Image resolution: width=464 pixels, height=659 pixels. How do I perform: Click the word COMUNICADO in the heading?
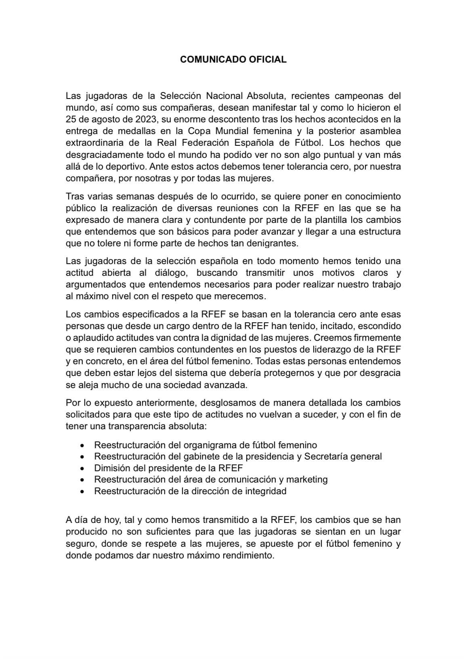point(211,59)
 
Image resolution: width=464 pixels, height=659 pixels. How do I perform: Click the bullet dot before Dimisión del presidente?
point(82,468)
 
